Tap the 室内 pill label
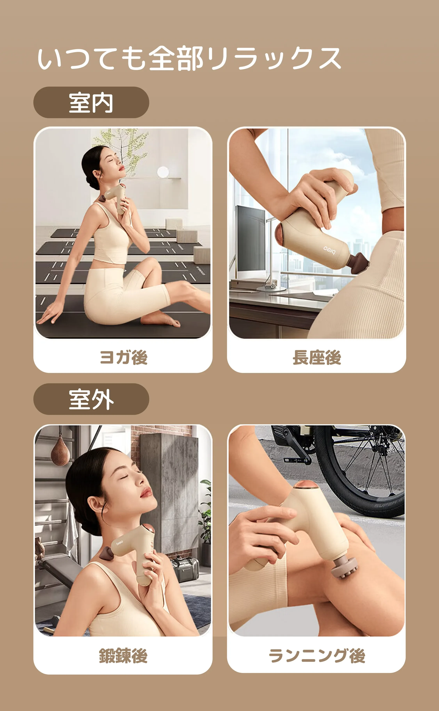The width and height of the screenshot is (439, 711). tap(91, 102)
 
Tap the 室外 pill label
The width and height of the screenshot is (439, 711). tap(91, 399)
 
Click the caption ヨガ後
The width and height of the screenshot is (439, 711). tap(123, 357)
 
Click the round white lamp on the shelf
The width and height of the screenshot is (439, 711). tap(163, 172)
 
